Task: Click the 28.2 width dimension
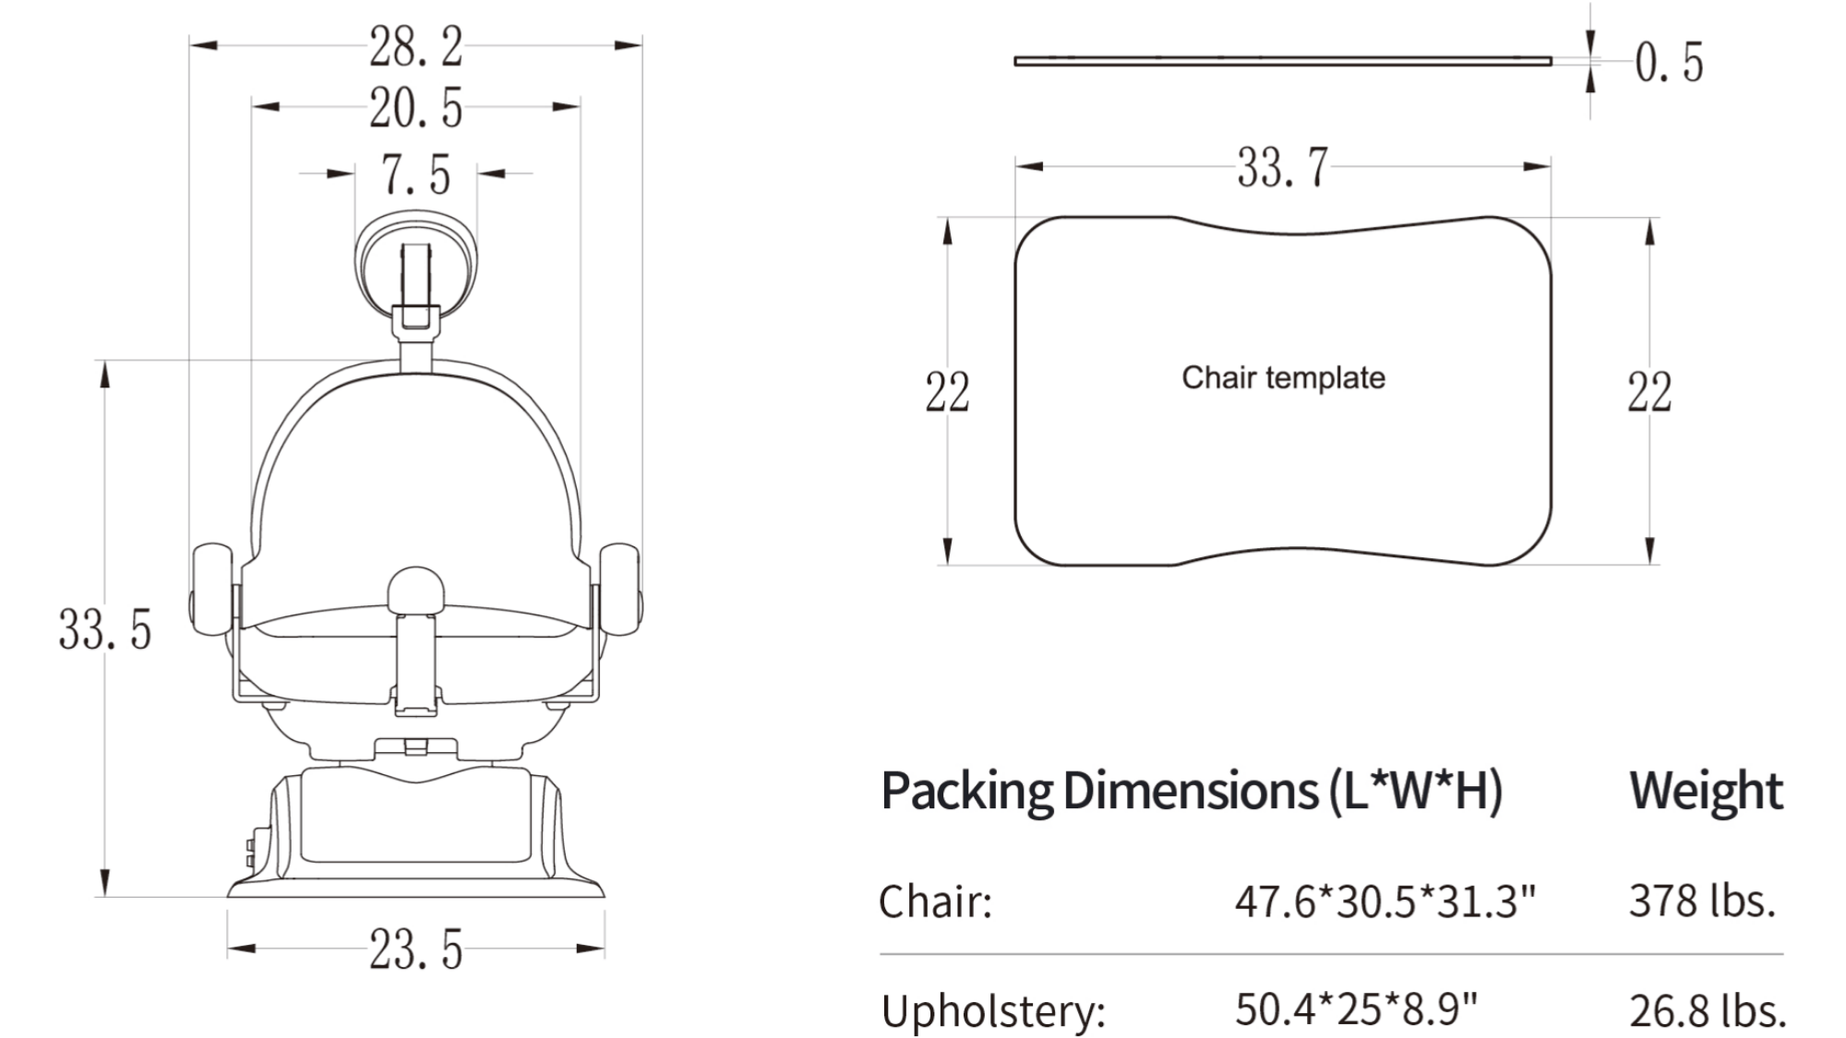pos(415,46)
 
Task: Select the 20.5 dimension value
pos(415,108)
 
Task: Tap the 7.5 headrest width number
pos(415,174)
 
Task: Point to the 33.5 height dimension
pos(104,629)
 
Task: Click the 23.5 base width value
pos(415,949)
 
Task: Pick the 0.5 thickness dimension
pos(1668,63)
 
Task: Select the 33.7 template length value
pos(1282,168)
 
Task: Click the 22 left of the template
pos(947,392)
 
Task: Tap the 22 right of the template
pos(1649,392)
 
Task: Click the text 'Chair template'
pos(1283,377)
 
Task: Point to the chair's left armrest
pos(212,589)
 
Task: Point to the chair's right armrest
pos(620,589)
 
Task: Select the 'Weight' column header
pos(1706,791)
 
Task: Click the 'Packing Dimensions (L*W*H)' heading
pos(1192,791)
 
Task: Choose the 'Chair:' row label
pos(935,901)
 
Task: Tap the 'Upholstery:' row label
pos(993,1010)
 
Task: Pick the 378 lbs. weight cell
pos(1702,901)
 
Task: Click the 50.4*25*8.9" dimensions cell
pos(1356,1009)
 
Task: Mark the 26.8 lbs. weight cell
pos(1708,1010)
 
